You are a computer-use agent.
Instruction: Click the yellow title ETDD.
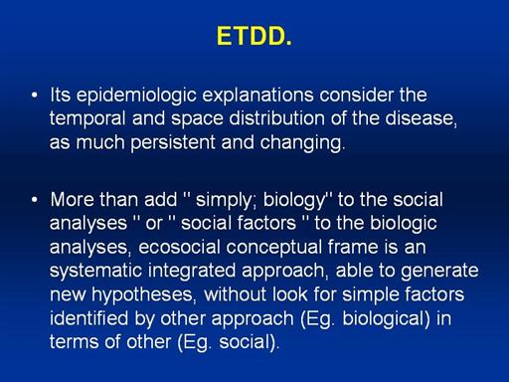tap(254, 36)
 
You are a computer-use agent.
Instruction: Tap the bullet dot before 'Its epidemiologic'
tap(35, 95)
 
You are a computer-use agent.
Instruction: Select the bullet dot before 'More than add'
tap(35, 200)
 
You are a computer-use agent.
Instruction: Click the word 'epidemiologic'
tap(136, 95)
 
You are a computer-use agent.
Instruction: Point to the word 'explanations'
tap(257, 95)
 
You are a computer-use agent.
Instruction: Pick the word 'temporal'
tap(87, 119)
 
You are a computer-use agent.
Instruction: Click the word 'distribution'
tap(277, 118)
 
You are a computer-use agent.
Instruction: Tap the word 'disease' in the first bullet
tap(419, 118)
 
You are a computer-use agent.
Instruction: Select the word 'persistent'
tap(173, 143)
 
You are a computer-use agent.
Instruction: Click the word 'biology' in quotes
tap(293, 201)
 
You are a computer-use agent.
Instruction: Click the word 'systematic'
tap(95, 271)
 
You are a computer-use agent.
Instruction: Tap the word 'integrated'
tap(192, 272)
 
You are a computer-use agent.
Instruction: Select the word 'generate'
tap(439, 272)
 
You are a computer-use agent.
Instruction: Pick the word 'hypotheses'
tap(142, 294)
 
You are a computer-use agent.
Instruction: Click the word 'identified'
tap(88, 318)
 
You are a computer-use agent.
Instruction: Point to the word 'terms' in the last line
tap(75, 342)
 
